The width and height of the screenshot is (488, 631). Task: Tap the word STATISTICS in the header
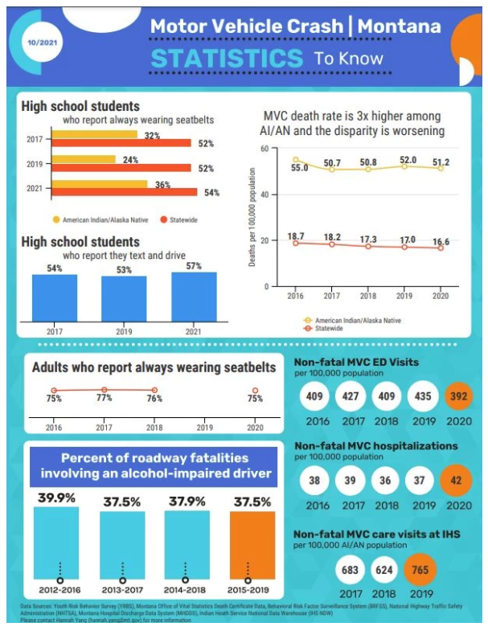(x=227, y=59)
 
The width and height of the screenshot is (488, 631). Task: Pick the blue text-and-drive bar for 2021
(x=194, y=296)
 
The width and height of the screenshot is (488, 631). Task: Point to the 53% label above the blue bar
(x=123, y=269)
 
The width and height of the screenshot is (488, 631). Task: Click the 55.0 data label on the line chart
(x=299, y=168)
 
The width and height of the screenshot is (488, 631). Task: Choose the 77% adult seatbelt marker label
(x=105, y=397)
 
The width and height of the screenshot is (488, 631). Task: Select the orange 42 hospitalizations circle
(x=458, y=481)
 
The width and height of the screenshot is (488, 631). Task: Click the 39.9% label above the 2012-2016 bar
(x=56, y=499)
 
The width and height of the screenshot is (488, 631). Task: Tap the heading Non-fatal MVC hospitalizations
(x=375, y=445)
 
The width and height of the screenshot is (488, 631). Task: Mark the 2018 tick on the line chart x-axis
(x=369, y=295)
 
